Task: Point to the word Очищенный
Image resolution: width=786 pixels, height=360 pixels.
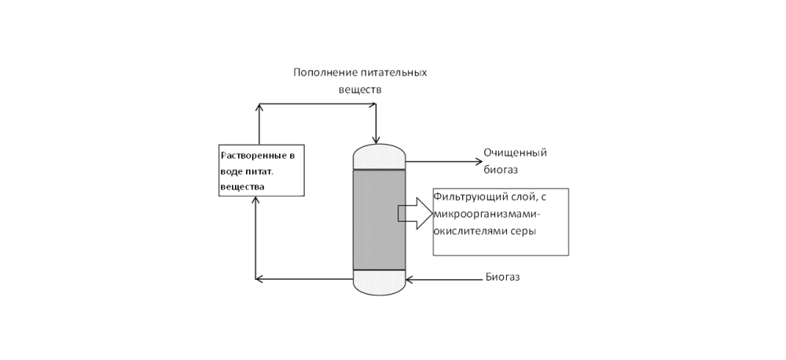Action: [x=515, y=152]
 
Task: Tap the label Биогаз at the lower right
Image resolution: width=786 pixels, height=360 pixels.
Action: [x=502, y=277]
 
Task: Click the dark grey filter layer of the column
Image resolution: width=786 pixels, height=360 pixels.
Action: [x=379, y=219]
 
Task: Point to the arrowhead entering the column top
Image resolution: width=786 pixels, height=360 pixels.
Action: [x=376, y=139]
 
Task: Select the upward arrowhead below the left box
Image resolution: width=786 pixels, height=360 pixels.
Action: [x=256, y=201]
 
